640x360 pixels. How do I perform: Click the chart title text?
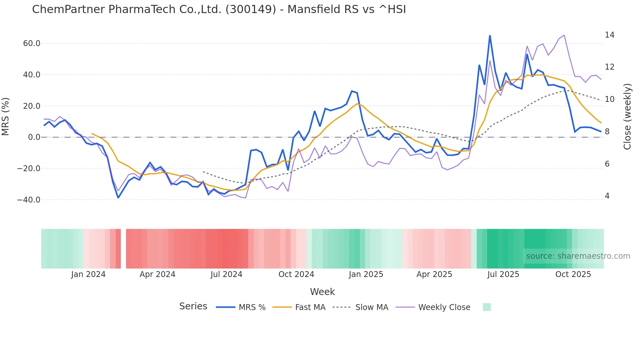219,9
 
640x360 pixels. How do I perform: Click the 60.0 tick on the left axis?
32,43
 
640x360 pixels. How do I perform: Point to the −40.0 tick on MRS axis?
29,200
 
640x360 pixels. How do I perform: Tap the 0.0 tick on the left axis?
34,137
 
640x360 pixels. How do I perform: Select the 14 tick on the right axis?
609,35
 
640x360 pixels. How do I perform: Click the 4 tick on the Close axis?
607,196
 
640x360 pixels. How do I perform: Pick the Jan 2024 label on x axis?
88,274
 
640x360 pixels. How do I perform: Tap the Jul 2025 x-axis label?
503,274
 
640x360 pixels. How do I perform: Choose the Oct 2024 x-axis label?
296,274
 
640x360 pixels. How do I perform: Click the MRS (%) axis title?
6,116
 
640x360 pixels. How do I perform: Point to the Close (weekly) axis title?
627,116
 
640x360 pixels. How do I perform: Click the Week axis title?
322,292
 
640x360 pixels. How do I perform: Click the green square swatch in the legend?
487,307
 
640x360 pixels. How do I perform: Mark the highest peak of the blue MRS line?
490,36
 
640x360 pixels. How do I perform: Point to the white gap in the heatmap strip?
123,249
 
